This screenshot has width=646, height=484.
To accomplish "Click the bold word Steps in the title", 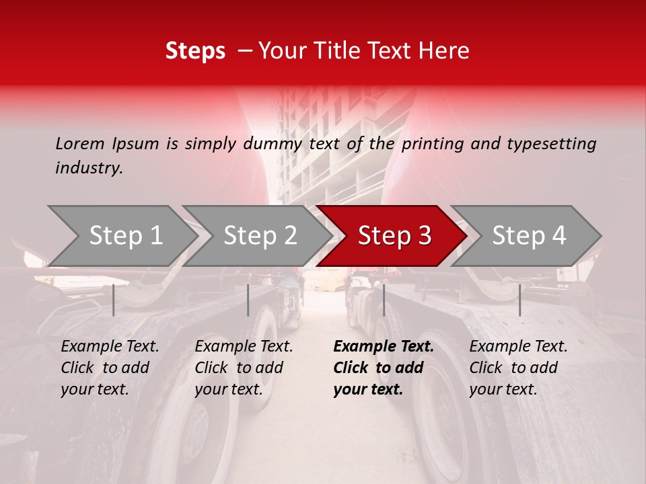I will tap(195, 51).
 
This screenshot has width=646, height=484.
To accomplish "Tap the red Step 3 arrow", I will tap(394, 236).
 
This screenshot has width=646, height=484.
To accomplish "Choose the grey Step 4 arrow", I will tap(529, 236).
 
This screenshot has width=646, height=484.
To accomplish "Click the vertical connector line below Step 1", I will tap(114, 300).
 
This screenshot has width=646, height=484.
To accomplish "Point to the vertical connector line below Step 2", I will tap(248, 300).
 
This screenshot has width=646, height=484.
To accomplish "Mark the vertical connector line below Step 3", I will tap(384, 300).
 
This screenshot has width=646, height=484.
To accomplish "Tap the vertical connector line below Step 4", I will tap(519, 300).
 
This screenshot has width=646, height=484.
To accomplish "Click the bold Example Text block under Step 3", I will tap(384, 368).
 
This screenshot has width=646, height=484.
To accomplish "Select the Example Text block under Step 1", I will tap(110, 368).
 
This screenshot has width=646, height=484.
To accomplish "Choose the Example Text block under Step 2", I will tap(244, 368).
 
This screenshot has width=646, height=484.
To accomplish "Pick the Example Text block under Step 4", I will tap(518, 368).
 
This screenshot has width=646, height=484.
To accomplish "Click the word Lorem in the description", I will tap(80, 144).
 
